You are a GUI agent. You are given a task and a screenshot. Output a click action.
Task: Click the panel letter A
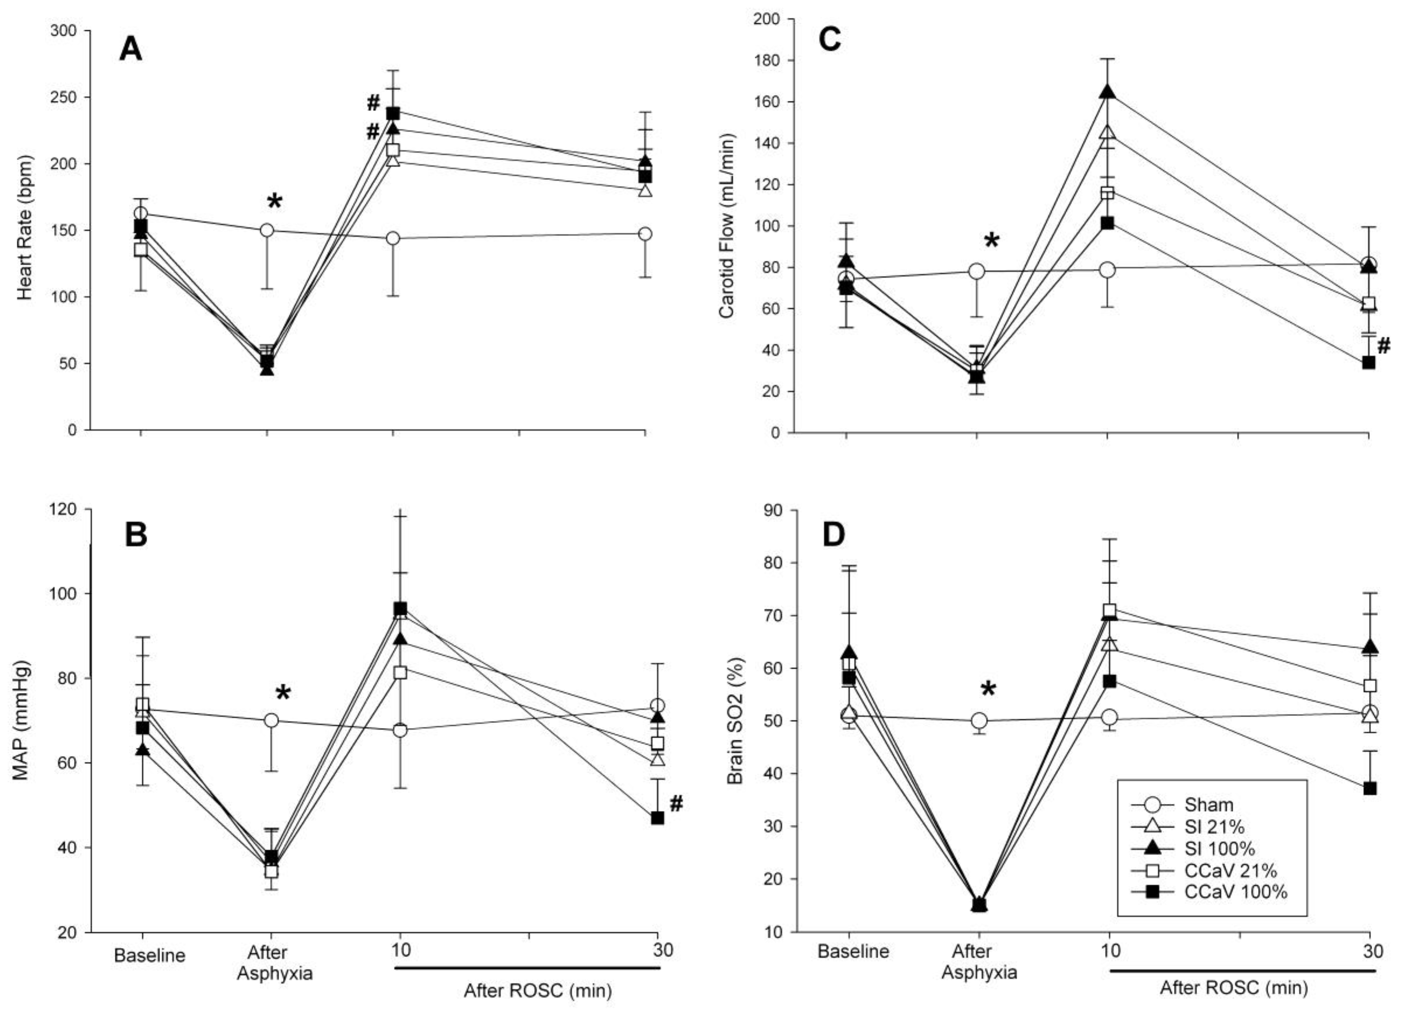point(130,49)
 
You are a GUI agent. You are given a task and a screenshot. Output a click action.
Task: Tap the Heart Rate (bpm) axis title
point(24,228)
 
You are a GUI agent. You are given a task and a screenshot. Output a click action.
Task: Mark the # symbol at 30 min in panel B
point(676,804)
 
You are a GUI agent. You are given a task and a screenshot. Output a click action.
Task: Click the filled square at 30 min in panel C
point(1368,363)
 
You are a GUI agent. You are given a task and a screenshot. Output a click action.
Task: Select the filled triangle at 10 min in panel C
point(1108,92)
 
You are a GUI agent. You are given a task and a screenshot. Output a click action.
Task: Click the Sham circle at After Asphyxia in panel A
point(267,230)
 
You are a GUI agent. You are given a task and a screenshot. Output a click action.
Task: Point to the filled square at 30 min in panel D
point(1369,788)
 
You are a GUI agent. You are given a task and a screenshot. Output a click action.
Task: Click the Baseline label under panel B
point(149,955)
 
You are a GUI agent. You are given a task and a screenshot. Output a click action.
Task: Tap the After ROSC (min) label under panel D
point(1234,987)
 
